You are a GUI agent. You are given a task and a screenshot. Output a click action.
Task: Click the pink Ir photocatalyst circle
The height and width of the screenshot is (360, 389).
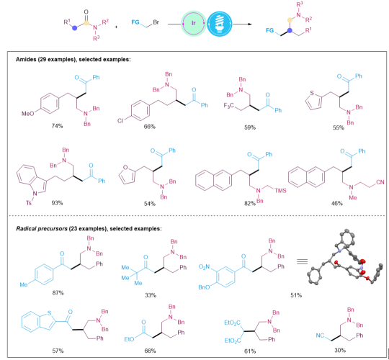[194, 23]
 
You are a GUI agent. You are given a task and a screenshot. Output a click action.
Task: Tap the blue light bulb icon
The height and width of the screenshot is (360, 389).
[219, 23]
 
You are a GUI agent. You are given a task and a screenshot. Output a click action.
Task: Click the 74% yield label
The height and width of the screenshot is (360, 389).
[58, 126]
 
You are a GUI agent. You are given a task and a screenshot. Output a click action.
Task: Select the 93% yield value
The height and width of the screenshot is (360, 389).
[58, 203]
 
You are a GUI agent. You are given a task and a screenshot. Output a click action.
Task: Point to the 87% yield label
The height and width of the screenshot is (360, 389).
[58, 293]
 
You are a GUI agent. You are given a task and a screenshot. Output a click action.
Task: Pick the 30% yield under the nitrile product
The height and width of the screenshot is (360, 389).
[340, 350]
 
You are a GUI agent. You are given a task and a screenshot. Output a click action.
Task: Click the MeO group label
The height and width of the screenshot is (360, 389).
[27, 114]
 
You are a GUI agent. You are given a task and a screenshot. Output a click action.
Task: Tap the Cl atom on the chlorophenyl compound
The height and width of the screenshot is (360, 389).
[120, 121]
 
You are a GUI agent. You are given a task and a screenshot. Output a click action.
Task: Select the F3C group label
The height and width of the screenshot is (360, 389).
[228, 106]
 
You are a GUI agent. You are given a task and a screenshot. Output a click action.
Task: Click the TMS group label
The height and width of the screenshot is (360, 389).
[280, 190]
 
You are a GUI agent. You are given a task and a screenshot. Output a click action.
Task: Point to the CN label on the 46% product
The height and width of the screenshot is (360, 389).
[380, 182]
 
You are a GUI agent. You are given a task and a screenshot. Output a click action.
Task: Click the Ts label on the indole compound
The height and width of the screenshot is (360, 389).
[29, 203]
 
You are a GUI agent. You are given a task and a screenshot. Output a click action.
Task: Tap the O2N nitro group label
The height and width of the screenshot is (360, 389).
[204, 267]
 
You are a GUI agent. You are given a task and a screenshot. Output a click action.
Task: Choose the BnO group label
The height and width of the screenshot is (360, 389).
[204, 287]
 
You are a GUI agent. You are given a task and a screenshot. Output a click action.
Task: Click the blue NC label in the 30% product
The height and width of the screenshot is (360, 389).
[320, 336]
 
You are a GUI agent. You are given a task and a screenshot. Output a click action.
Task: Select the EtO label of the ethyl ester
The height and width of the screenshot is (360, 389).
[129, 339]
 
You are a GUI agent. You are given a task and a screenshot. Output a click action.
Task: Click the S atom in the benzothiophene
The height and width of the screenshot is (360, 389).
[49, 313]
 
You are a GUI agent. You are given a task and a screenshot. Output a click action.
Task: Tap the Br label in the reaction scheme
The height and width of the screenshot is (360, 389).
[156, 22]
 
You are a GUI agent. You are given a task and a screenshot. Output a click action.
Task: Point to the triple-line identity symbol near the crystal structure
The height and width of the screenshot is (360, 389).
[302, 261]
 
